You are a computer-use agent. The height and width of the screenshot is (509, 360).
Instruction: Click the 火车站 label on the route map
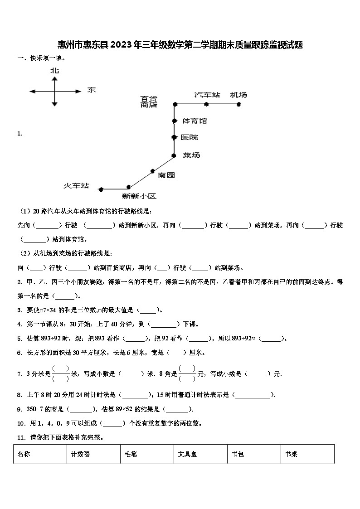(76, 186)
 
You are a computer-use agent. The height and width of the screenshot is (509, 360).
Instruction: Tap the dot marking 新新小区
(129, 187)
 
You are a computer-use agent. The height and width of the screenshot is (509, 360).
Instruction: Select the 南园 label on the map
(166, 175)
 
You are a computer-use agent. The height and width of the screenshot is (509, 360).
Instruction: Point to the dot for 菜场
(174, 155)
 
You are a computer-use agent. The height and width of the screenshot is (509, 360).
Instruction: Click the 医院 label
(189, 137)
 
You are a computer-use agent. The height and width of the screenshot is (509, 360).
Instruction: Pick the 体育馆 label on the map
(195, 121)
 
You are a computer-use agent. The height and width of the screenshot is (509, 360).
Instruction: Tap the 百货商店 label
(149, 102)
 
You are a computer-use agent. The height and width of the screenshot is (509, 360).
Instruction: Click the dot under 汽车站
(206, 104)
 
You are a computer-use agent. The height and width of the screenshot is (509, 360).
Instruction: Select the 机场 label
(238, 95)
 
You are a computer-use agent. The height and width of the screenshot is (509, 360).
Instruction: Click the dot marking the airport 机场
(239, 104)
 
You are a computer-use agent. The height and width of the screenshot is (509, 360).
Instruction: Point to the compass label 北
(54, 71)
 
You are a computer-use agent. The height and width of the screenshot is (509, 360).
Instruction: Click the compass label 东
(91, 90)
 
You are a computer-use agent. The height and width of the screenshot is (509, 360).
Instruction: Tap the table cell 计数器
(80, 454)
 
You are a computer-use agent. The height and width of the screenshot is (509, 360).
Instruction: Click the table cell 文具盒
(187, 454)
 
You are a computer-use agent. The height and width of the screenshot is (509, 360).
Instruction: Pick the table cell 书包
(238, 454)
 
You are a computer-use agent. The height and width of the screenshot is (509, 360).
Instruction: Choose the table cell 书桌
(291, 454)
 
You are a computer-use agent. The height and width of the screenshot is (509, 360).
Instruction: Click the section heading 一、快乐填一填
(41, 58)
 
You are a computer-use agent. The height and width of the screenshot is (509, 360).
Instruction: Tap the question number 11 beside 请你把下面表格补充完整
(20, 437)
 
